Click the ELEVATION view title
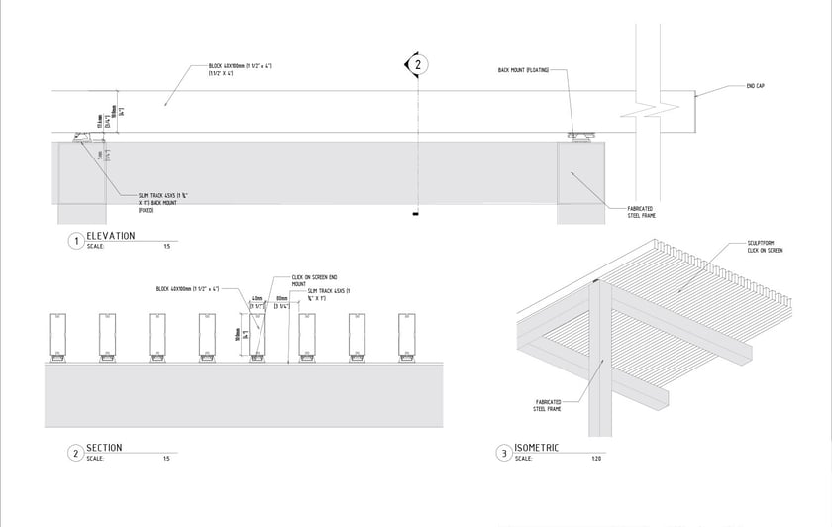pyautogui.click(x=111, y=236)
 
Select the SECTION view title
pyautogui.click(x=105, y=448)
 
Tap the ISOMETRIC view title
pyautogui.click(x=538, y=448)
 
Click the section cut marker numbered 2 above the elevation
pyautogui.click(x=417, y=65)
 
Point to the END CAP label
pyautogui.click(x=756, y=86)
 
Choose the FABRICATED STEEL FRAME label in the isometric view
pyautogui.click(x=548, y=404)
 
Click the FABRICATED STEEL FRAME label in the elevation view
pyautogui.click(x=641, y=212)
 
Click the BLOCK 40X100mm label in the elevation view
pyautogui.click(x=239, y=69)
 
